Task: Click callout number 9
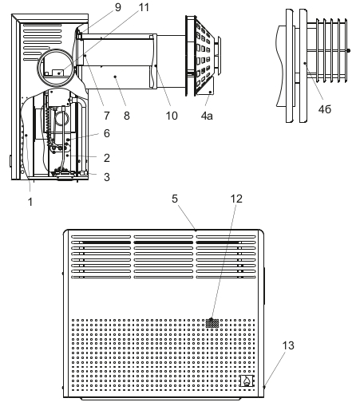pyautogui.click(x=118, y=7)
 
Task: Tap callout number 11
pyautogui.click(x=144, y=7)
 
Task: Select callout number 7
pyautogui.click(x=107, y=116)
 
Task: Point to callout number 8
pyautogui.click(x=127, y=116)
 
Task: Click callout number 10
pyautogui.click(x=172, y=116)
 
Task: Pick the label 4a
pyautogui.click(x=207, y=116)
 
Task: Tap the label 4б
pyautogui.click(x=325, y=109)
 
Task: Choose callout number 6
pyautogui.click(x=107, y=133)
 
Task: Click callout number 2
pyautogui.click(x=107, y=158)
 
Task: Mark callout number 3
pyautogui.click(x=107, y=177)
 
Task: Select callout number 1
pyautogui.click(x=30, y=202)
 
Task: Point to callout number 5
pyautogui.click(x=175, y=199)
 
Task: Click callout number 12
pyautogui.click(x=236, y=199)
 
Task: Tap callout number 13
pyautogui.click(x=288, y=345)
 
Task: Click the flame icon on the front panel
pyautogui.click(x=247, y=380)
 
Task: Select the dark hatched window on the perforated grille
pyautogui.click(x=212, y=323)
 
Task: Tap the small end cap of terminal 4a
pyautogui.click(x=219, y=55)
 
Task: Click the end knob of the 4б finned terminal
pyautogui.click(x=349, y=50)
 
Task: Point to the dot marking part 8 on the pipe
pyautogui.click(x=115, y=77)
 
